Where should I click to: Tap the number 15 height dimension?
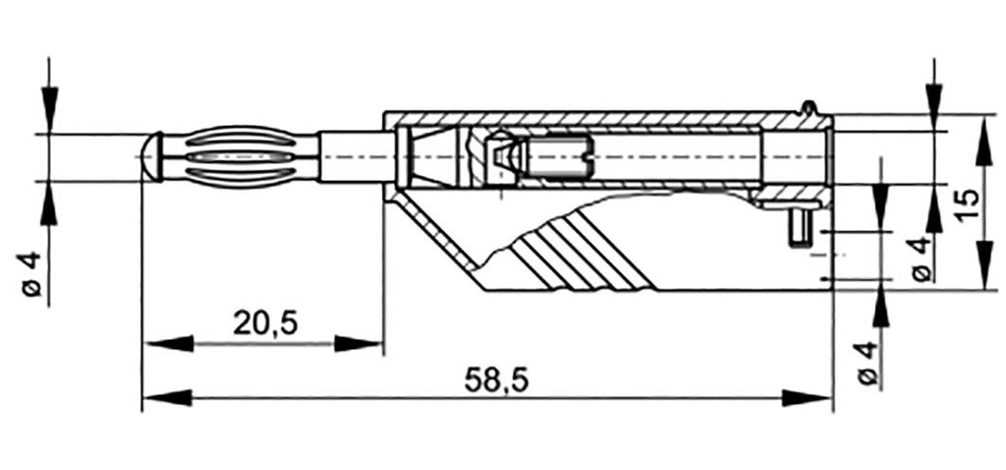[x=967, y=204]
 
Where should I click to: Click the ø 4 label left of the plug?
[x=30, y=273]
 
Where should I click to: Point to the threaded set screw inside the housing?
[x=556, y=157]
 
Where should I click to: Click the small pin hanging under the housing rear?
[x=800, y=228]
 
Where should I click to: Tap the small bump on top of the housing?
[x=807, y=106]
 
